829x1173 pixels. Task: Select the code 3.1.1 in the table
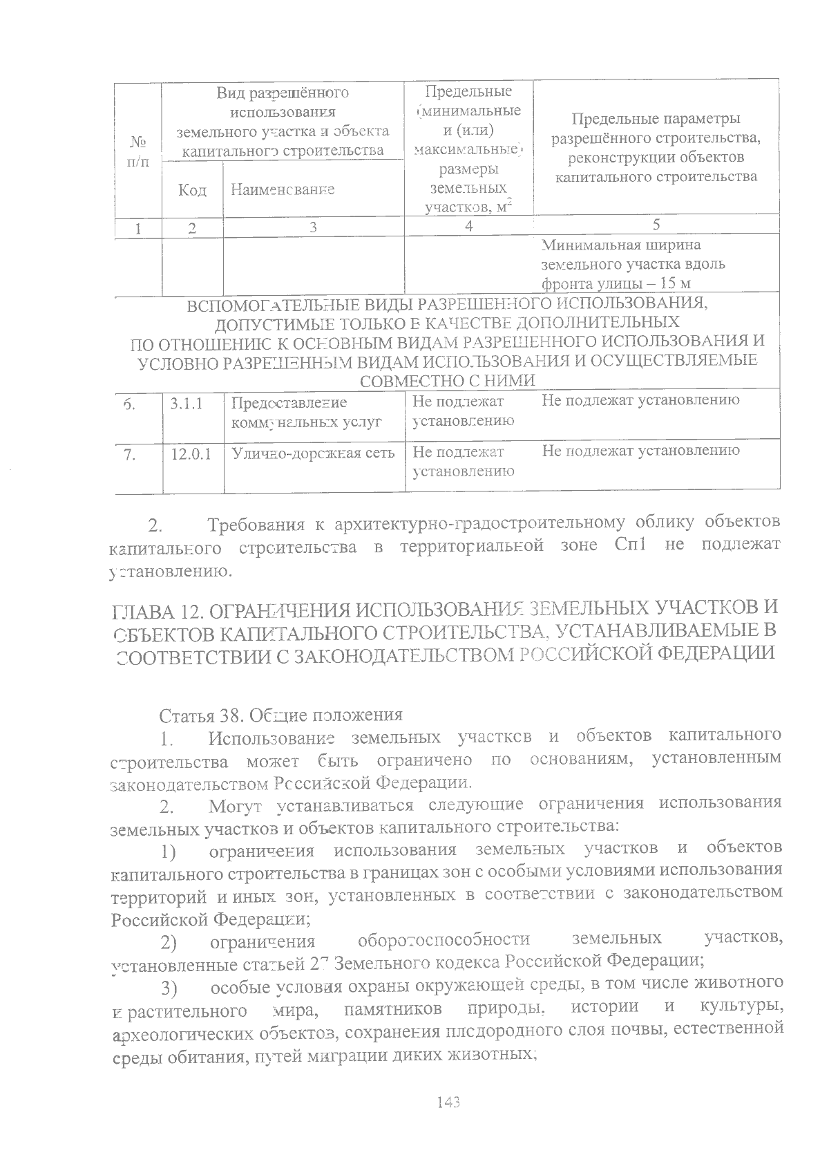point(187,403)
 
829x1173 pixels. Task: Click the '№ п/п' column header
point(139,151)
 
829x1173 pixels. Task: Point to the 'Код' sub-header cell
point(192,189)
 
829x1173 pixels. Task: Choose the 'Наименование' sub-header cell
point(283,189)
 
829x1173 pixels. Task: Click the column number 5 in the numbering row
point(656,225)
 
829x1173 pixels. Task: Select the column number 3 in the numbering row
point(313,227)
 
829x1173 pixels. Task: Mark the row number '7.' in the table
point(129,454)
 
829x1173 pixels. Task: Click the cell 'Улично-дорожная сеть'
point(313,453)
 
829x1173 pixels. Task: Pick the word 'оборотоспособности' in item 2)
point(444,940)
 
